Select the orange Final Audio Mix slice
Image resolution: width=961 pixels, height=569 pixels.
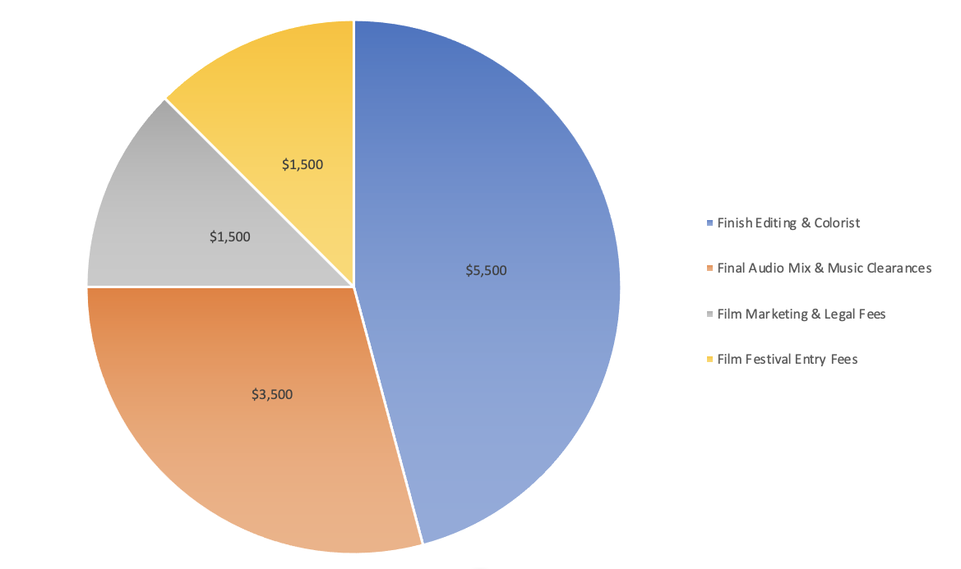click(x=247, y=443)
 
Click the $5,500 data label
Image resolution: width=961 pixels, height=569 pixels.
click(x=487, y=270)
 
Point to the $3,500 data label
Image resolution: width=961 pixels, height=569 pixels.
click(x=272, y=394)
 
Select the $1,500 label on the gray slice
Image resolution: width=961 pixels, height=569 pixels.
click(x=230, y=237)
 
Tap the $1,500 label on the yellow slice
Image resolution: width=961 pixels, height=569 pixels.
click(x=303, y=164)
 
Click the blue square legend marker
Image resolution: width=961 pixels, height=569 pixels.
click(x=710, y=223)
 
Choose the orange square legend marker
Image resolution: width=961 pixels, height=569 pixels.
click(x=710, y=268)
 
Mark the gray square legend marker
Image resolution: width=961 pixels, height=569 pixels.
click(x=710, y=314)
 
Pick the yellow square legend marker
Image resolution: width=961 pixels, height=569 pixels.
click(x=710, y=360)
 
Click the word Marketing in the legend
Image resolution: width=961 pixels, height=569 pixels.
click(x=775, y=314)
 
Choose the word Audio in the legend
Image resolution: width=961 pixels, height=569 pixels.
click(x=769, y=268)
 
